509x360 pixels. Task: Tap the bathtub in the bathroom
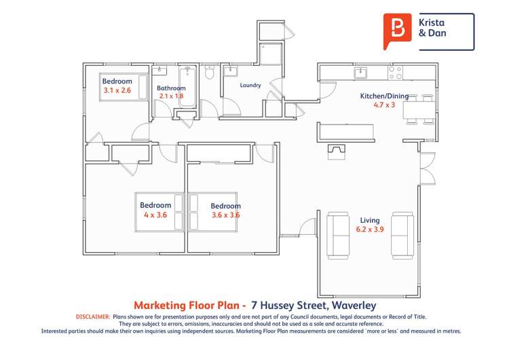click(x=187, y=88)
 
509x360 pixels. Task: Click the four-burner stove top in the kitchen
click(x=395, y=72)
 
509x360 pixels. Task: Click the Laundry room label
click(x=250, y=86)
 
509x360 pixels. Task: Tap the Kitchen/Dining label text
click(x=383, y=96)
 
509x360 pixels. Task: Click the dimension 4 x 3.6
click(x=155, y=215)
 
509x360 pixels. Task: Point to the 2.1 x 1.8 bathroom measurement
click(x=171, y=96)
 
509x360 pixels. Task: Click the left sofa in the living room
click(x=339, y=235)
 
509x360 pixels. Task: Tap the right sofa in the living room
click(x=403, y=235)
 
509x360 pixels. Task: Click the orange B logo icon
click(x=396, y=31)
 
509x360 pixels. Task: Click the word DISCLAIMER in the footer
click(x=91, y=317)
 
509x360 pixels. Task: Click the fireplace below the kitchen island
click(x=336, y=151)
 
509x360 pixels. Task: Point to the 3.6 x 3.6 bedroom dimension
click(x=225, y=215)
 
